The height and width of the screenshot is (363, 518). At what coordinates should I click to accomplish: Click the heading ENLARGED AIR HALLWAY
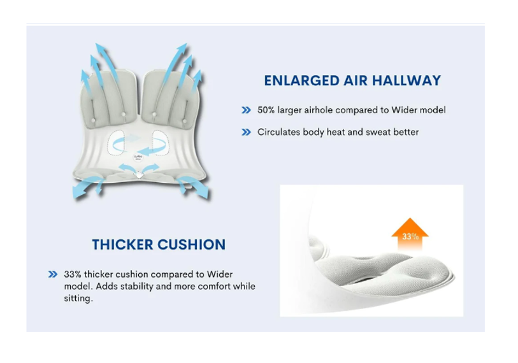[352, 81]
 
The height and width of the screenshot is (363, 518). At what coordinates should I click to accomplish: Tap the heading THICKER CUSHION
[159, 245]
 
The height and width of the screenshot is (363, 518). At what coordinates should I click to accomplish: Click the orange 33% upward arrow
[410, 234]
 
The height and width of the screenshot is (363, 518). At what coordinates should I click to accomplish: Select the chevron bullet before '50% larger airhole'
[246, 110]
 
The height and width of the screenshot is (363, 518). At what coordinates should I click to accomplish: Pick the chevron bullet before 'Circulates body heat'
[246, 132]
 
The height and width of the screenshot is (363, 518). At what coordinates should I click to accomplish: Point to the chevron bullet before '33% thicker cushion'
[53, 274]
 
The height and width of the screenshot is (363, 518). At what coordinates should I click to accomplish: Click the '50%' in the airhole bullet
[266, 110]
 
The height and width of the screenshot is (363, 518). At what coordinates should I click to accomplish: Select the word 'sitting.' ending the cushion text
[78, 298]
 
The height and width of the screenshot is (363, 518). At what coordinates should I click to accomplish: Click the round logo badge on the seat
[138, 157]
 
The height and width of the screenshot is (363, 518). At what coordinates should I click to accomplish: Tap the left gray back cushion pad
[109, 99]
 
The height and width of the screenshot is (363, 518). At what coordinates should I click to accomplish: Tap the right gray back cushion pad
[170, 98]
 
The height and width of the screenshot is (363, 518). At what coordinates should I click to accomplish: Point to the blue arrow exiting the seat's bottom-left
[87, 187]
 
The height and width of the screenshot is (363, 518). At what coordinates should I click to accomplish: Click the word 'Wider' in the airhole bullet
[404, 110]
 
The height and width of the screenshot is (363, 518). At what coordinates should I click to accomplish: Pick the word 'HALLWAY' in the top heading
[406, 81]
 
